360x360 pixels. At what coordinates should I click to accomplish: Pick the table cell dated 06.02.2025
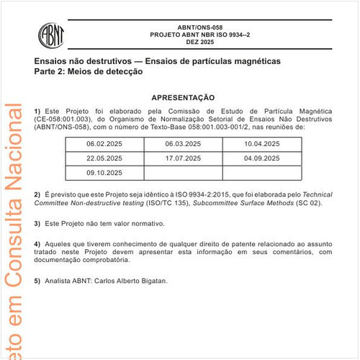click(x=104, y=145)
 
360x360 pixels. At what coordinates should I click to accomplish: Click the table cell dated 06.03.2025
click(x=183, y=145)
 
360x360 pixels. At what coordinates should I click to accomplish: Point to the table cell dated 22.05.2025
click(x=104, y=158)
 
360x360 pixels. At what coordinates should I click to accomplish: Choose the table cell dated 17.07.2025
click(x=183, y=158)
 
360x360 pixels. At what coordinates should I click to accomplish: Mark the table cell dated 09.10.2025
click(x=104, y=173)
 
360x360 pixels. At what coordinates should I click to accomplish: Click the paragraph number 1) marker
click(x=37, y=110)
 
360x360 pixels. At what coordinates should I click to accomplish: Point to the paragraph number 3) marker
click(x=37, y=225)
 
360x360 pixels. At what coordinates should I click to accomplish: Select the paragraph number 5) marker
click(x=37, y=281)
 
